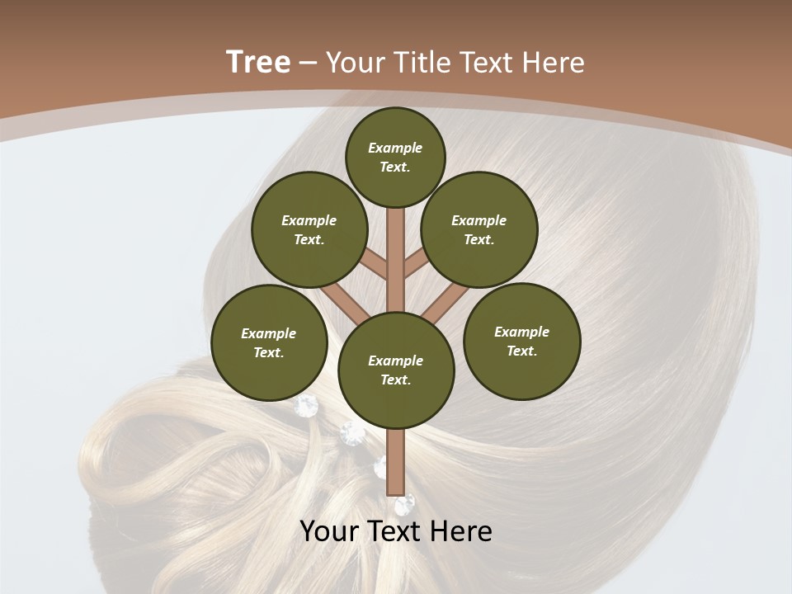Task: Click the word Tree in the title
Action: (x=258, y=63)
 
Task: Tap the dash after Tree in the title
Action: (x=308, y=64)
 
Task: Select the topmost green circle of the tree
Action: (x=395, y=158)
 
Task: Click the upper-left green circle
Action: (x=309, y=230)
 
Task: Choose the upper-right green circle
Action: (x=479, y=230)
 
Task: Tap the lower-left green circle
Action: (x=269, y=343)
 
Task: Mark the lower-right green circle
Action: (x=521, y=342)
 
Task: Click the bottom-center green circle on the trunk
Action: (x=396, y=370)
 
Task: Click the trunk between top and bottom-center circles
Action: (x=395, y=256)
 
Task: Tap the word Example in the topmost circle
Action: (x=395, y=148)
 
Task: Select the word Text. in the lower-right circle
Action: (x=521, y=351)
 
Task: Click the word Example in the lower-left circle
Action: (x=269, y=334)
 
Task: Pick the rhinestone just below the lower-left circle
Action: (x=307, y=404)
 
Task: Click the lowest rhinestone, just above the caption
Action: (x=404, y=504)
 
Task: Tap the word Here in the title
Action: (x=554, y=63)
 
